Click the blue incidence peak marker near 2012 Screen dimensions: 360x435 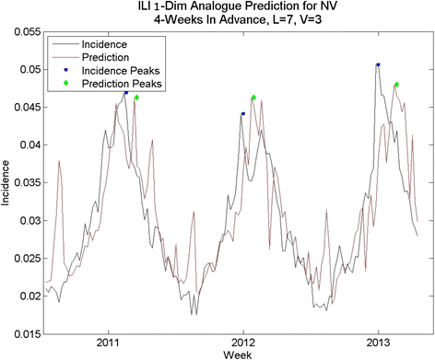pyautogui.click(x=243, y=114)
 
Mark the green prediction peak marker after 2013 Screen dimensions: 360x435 pyautogui.click(x=396, y=85)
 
